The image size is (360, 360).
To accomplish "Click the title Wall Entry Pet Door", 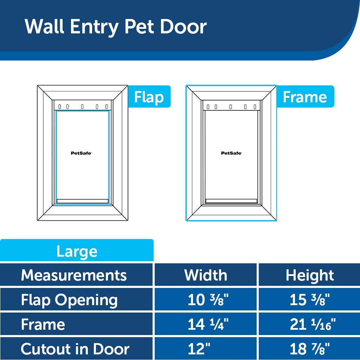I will pyautogui.click(x=116, y=27).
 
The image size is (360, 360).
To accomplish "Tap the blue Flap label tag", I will pyautogui.click(x=149, y=97).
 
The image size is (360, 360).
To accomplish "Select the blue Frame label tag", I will pyautogui.click(x=305, y=97).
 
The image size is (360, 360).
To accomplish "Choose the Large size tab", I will pyautogui.click(x=77, y=251).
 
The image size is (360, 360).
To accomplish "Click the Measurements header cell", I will pyautogui.click(x=74, y=275).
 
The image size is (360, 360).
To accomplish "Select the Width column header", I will pyautogui.click(x=206, y=275).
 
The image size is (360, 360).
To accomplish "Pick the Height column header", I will pyautogui.click(x=310, y=275).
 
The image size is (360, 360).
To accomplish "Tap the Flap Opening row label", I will pyautogui.click(x=69, y=300).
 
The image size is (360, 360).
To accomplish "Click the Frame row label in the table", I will pyautogui.click(x=43, y=324).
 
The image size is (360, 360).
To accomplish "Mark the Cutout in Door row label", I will pyautogui.click(x=75, y=349).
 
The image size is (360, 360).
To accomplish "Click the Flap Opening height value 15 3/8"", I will pyautogui.click(x=310, y=300).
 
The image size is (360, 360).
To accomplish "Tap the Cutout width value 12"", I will pyautogui.click(x=199, y=349).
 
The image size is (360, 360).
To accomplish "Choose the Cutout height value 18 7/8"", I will pyautogui.click(x=310, y=349).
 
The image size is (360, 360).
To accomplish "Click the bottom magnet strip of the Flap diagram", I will pyautogui.click(x=83, y=201).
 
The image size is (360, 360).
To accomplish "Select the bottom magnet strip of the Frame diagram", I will pyautogui.click(x=231, y=201).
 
